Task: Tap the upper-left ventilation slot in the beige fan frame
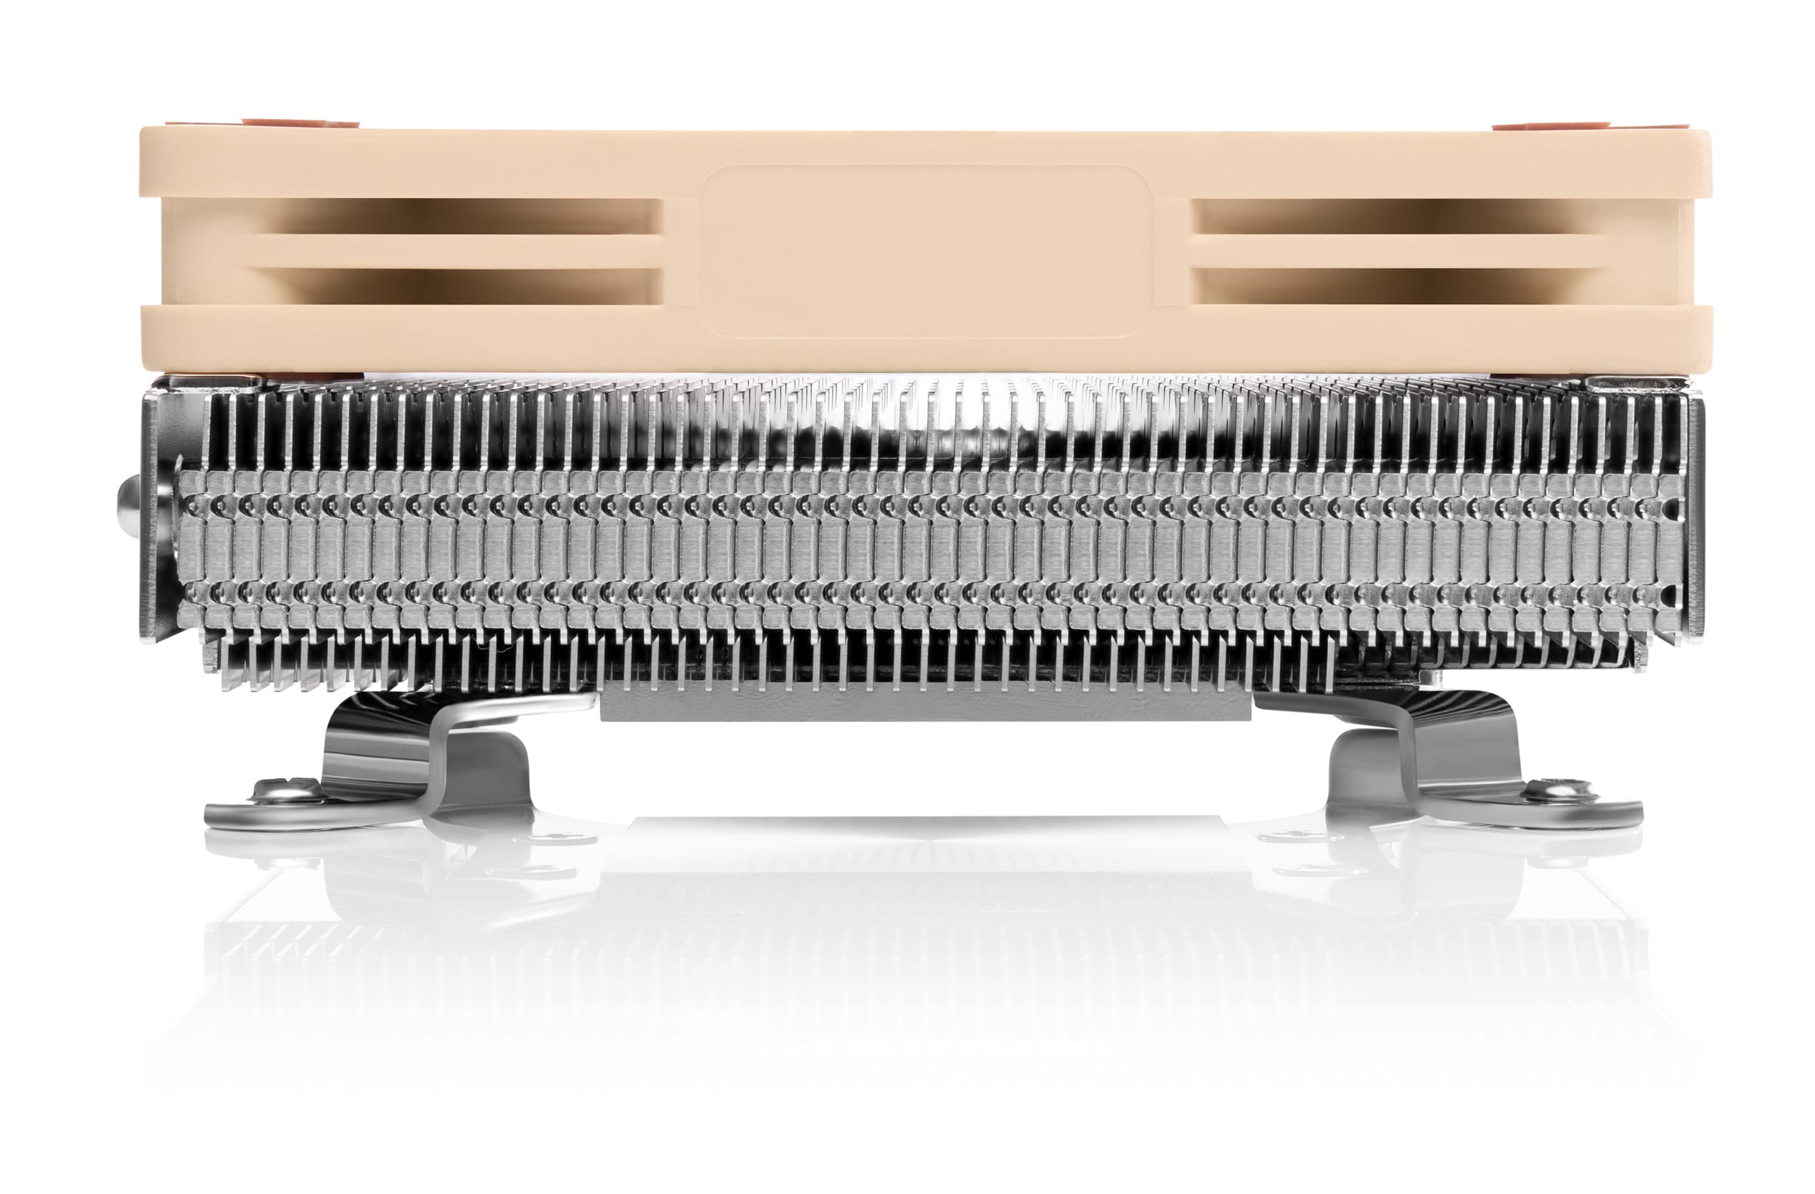pos(465,216)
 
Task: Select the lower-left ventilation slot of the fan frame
pos(465,286)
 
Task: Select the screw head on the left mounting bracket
pos(284,793)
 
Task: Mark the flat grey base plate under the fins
pos(926,702)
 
